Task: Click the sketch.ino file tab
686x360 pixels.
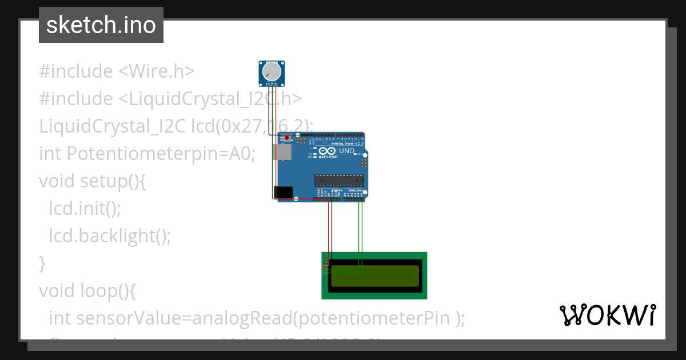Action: tap(101, 25)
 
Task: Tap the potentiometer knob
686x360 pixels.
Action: tap(272, 71)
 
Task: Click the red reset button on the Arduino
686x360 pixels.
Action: tap(287, 138)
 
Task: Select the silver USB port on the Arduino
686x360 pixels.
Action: tap(281, 152)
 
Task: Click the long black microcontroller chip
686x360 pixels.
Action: tap(338, 181)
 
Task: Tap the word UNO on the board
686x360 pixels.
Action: tap(347, 151)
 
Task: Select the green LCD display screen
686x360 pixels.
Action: tap(374, 275)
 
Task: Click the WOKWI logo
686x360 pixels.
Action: tap(607, 315)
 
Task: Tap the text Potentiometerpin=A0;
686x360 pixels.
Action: tap(161, 154)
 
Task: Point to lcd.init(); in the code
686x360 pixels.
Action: tap(85, 209)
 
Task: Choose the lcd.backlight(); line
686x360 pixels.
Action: tap(110, 235)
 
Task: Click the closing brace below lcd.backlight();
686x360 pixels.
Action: tap(42, 263)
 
